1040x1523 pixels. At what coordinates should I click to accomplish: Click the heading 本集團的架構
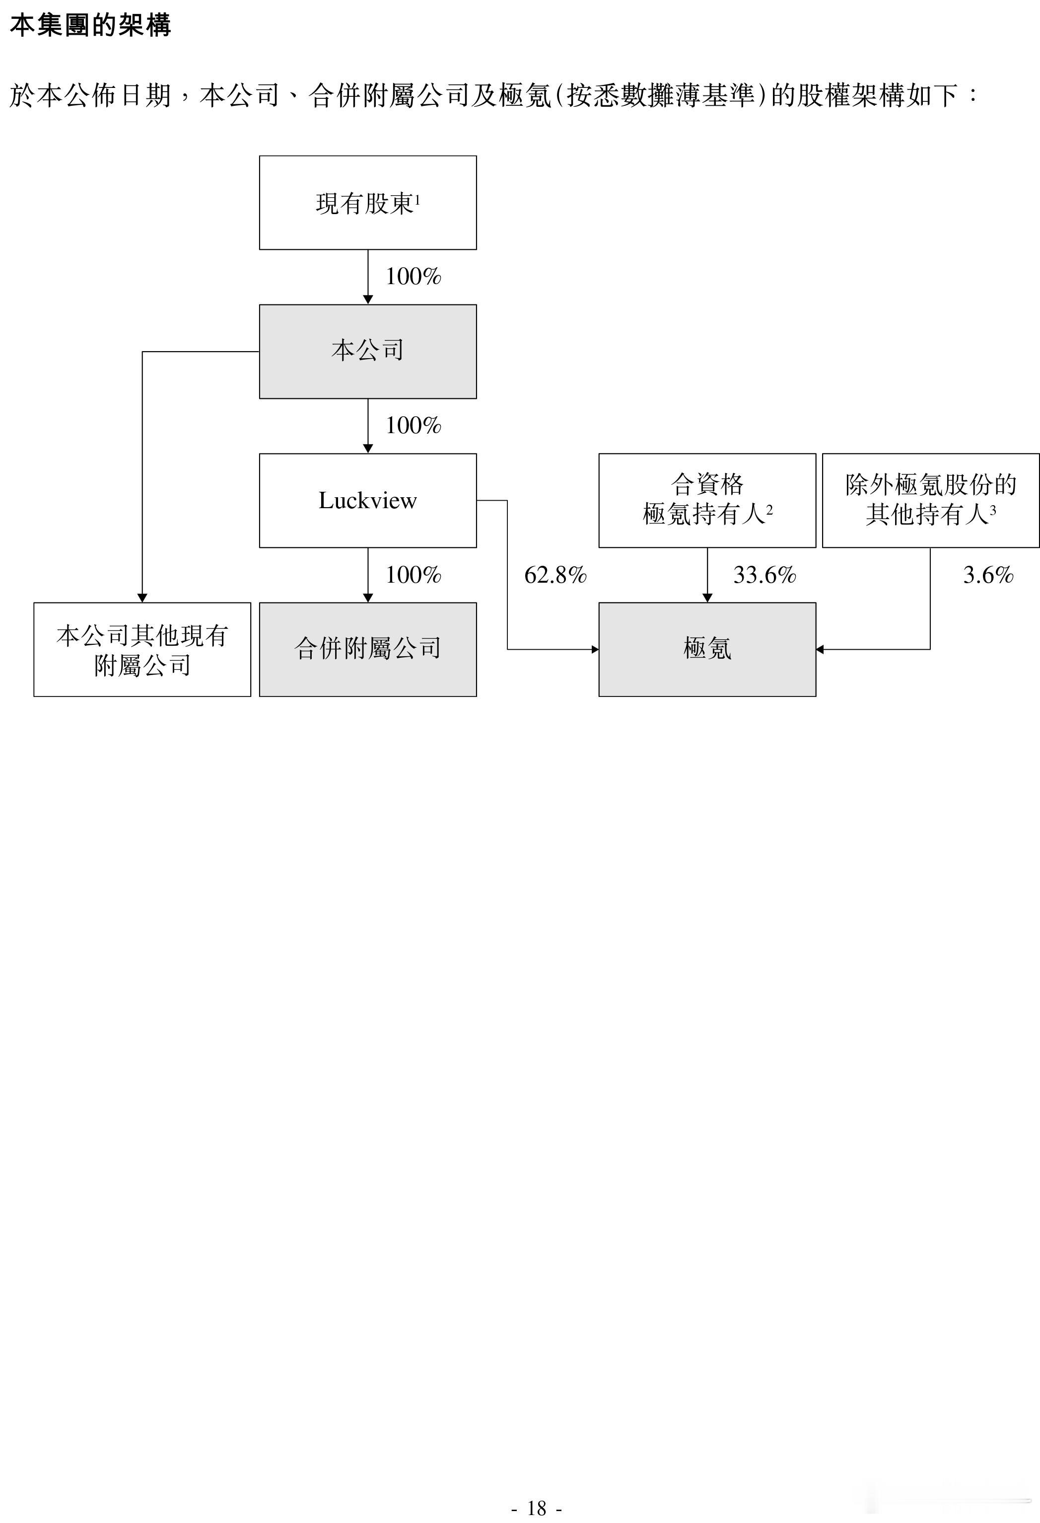(90, 25)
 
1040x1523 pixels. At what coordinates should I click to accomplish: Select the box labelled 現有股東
(367, 203)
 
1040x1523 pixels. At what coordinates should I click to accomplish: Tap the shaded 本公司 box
(367, 351)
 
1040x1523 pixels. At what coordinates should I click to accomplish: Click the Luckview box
(367, 500)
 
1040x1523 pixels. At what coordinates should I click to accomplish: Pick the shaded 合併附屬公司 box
(367, 649)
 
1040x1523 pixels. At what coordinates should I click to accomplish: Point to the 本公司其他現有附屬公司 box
(142, 649)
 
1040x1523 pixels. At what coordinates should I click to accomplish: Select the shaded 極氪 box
(707, 649)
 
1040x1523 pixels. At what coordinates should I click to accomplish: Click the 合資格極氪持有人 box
(707, 500)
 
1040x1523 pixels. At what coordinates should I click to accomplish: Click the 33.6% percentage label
(764, 575)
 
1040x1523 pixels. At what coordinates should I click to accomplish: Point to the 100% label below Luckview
(413, 575)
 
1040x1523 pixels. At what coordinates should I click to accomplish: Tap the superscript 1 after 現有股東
(417, 199)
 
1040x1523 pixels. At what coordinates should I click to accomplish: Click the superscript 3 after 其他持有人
(993, 509)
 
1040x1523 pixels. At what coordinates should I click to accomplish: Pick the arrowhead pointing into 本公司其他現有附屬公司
(142, 598)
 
